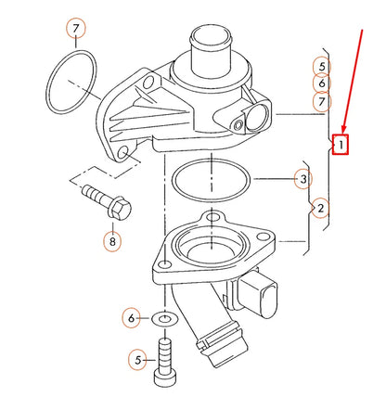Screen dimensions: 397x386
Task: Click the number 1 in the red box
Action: point(341,144)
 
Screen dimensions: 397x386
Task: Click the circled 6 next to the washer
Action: point(132,318)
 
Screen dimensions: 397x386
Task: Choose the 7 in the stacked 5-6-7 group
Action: point(321,101)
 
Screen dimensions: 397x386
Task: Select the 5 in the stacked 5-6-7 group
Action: point(321,66)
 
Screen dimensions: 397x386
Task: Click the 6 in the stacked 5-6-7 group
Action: point(321,83)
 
